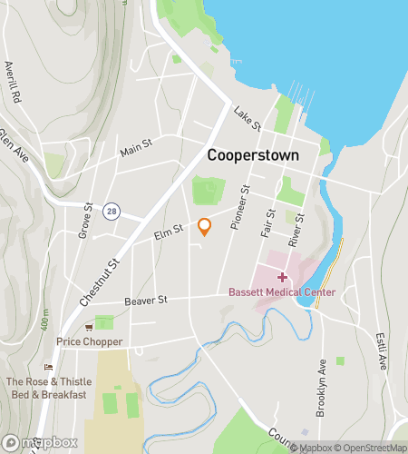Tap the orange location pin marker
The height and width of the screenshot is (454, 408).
pyautogui.click(x=204, y=227)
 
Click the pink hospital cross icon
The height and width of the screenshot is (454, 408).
pyautogui.click(x=281, y=276)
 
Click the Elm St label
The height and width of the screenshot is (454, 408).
pyautogui.click(x=164, y=235)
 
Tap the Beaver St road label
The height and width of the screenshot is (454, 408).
pyautogui.click(x=148, y=299)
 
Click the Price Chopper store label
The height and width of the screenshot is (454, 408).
pyautogui.click(x=89, y=341)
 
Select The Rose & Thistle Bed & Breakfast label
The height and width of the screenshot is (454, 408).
pyautogui.click(x=46, y=388)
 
